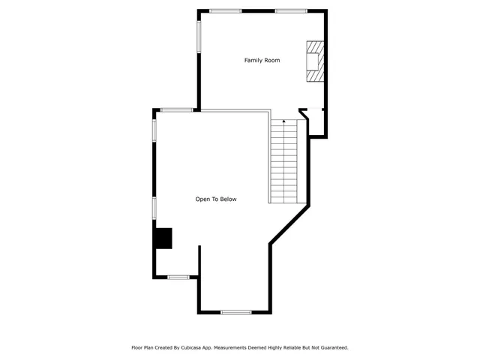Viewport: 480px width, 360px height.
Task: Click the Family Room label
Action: click(262, 60)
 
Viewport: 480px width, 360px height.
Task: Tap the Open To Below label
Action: click(216, 199)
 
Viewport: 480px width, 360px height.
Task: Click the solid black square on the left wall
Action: click(163, 238)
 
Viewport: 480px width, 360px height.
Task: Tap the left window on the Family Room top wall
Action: click(225, 10)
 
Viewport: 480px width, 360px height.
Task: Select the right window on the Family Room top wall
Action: click(290, 10)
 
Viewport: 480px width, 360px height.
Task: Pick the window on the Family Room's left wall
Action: click(199, 36)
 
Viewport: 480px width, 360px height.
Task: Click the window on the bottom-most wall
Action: click(235, 312)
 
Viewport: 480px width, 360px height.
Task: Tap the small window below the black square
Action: click(178, 277)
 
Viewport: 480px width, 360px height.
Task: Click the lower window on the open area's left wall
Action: click(154, 208)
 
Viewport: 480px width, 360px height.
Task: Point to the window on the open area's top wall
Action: click(176, 110)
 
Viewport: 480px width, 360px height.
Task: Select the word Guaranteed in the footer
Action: click(333, 347)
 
